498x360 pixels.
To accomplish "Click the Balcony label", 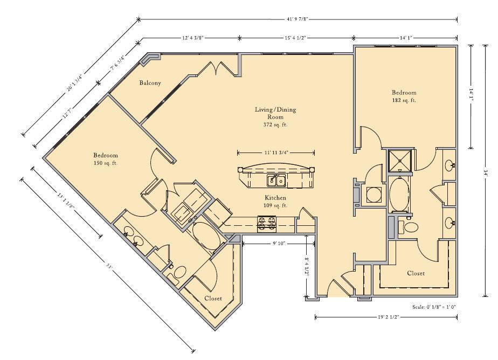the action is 150,83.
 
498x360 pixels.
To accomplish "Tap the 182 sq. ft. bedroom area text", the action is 404,100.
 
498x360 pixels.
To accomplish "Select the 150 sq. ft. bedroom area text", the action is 106,163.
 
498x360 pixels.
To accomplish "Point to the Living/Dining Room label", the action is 275,113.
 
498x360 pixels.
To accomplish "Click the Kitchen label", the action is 275,198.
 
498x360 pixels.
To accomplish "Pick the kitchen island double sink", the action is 276,181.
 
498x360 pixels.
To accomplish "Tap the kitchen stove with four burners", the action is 266,224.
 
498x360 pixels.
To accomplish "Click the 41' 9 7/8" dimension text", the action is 298,19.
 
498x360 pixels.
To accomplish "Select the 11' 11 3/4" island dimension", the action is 276,153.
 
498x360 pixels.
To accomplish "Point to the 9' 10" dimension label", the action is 280,244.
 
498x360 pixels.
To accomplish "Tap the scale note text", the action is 434,307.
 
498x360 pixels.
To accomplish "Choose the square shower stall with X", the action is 400,160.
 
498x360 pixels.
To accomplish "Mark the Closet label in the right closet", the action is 416,273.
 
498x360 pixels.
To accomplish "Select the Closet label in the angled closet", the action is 213,299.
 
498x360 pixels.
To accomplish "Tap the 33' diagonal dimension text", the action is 109,267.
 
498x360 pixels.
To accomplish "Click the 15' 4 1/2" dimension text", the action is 295,38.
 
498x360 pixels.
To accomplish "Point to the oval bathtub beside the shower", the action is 399,193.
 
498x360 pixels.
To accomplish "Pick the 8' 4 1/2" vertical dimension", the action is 307,267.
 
